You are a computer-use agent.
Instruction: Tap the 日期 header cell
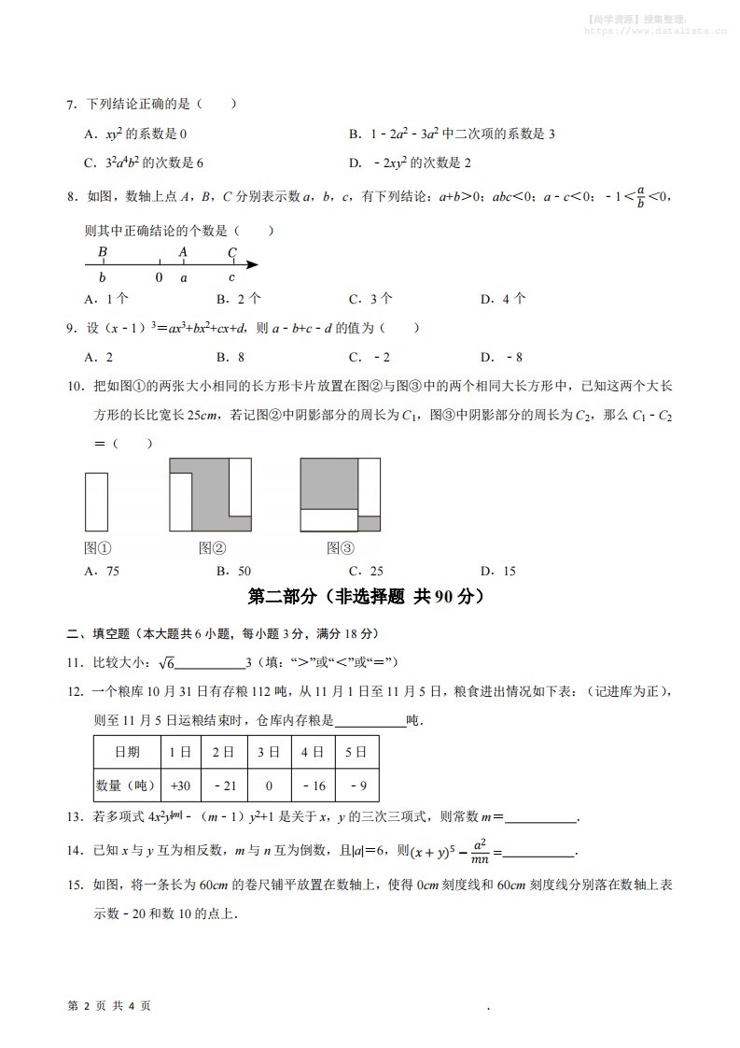click(x=126, y=752)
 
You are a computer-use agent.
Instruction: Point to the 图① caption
click(x=98, y=548)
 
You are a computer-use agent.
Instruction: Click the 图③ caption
click(x=341, y=548)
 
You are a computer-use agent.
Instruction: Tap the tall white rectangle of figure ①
click(x=97, y=502)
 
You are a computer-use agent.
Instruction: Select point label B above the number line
click(x=103, y=252)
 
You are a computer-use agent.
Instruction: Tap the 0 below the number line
click(x=159, y=278)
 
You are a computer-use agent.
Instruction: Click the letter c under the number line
click(x=232, y=278)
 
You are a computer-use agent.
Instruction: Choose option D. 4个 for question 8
click(x=503, y=299)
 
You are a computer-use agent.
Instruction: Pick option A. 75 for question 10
click(x=102, y=571)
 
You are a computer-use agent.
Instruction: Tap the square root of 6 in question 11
click(x=166, y=663)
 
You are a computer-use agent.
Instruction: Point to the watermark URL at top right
click(x=655, y=30)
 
